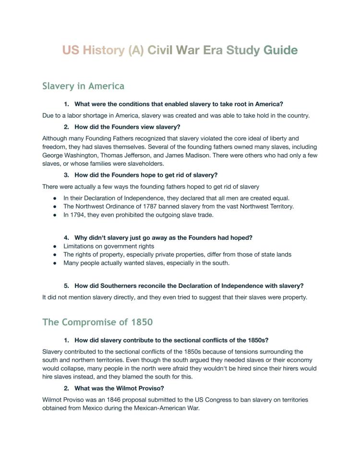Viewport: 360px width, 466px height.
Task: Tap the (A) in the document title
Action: point(129,50)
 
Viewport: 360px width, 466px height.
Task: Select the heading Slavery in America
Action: point(83,86)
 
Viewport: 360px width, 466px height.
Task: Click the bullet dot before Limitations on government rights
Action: point(55,246)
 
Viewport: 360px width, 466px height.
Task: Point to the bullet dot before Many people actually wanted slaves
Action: point(55,263)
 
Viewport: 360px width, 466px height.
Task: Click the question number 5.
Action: point(66,285)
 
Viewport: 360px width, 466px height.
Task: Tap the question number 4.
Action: point(66,237)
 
